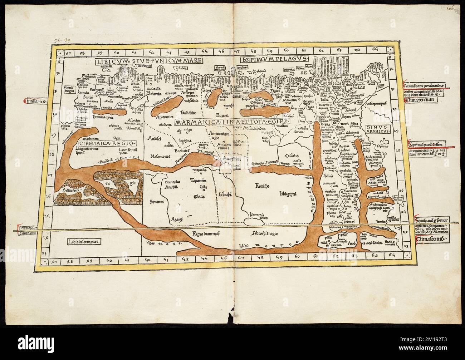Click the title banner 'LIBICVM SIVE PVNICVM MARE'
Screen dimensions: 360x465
point(149,61)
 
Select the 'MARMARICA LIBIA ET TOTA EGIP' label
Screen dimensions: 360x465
point(232,122)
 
